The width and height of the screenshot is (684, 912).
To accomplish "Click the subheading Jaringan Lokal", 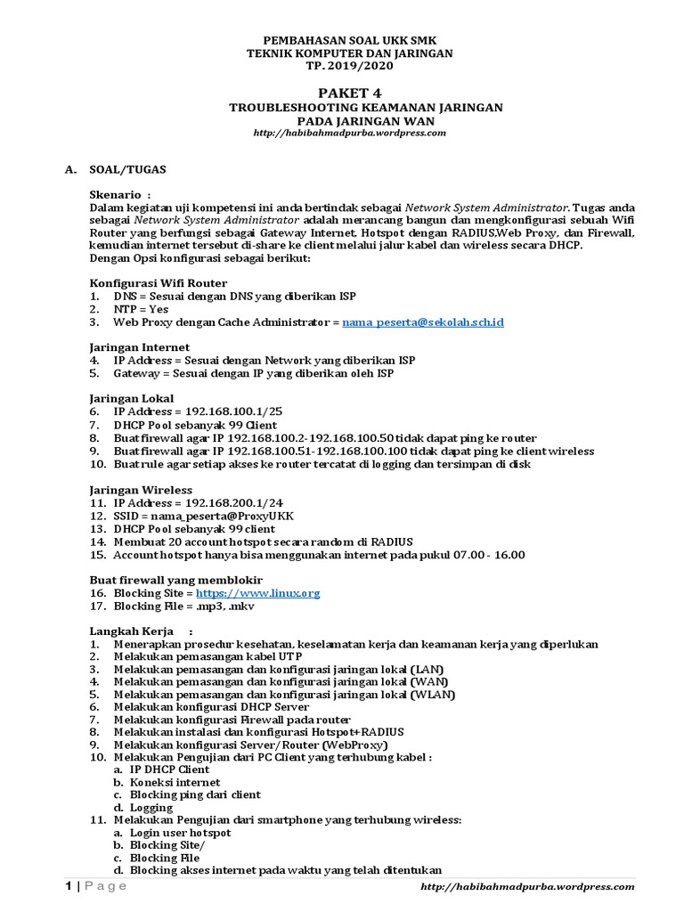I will (132, 398).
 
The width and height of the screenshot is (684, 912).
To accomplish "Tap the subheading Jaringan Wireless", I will (141, 489).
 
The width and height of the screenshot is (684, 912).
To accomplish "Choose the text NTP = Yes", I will (141, 309).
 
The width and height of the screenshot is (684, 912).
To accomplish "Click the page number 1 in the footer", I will (67, 886).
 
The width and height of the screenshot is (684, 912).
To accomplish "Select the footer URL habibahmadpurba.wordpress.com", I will (526, 887).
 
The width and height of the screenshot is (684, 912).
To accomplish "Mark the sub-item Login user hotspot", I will (180, 833).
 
